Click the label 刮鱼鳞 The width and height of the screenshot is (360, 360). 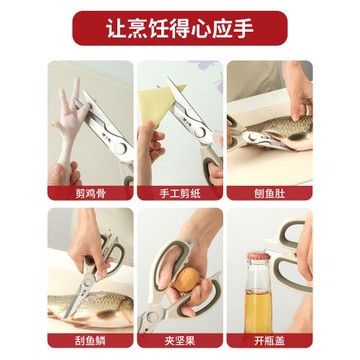click(x=91, y=337)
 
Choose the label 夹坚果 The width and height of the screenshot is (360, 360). click(x=180, y=337)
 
